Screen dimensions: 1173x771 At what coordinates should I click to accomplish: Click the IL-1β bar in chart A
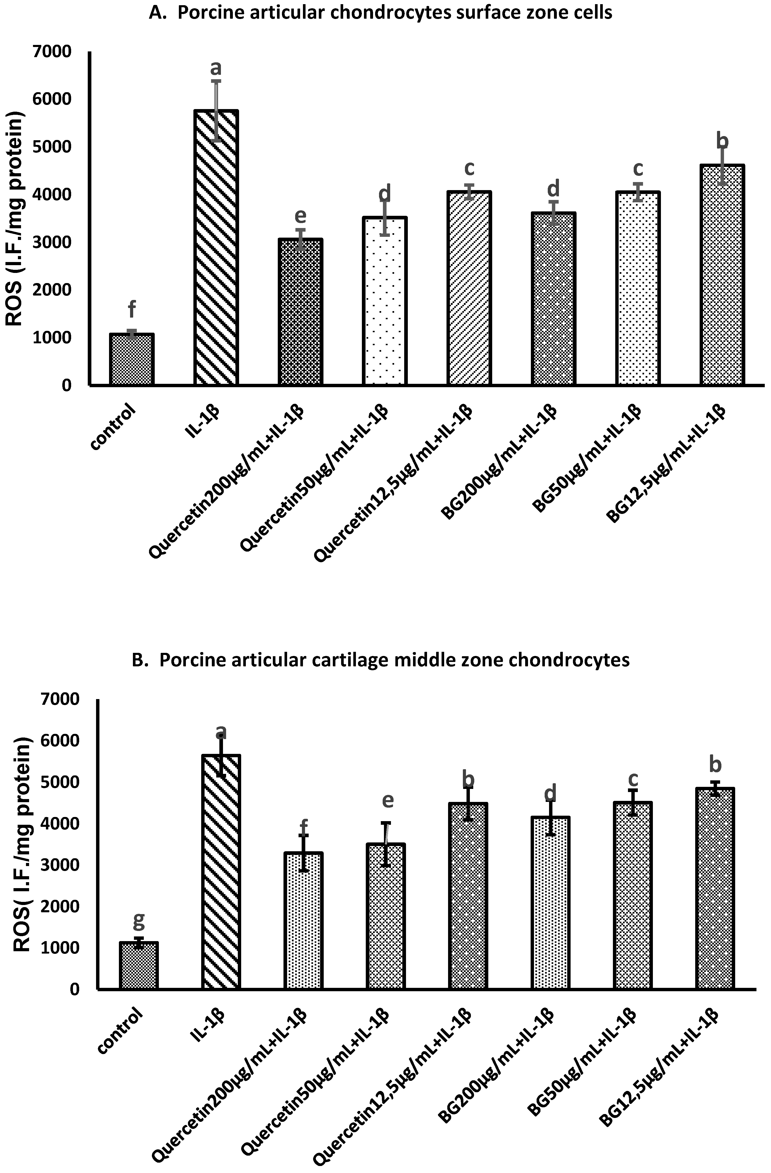coord(216,246)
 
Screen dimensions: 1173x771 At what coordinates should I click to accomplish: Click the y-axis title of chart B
coord(21,848)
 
